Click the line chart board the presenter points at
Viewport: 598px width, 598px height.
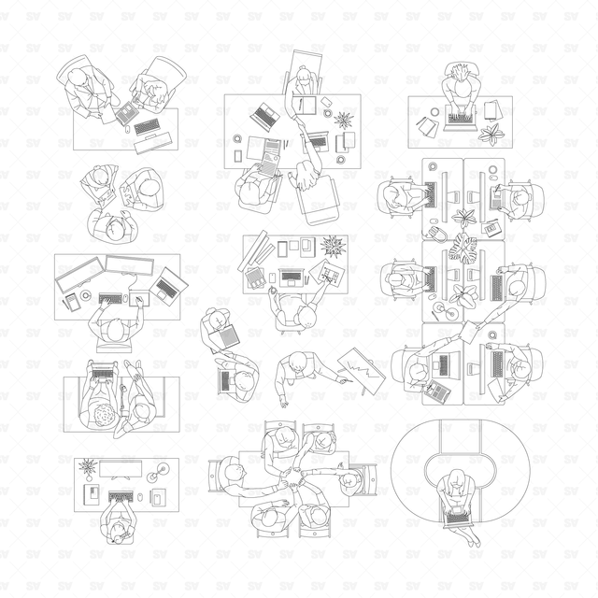point(362,371)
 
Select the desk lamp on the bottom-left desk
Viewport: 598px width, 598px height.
point(158,472)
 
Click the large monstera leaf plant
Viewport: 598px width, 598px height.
point(463,249)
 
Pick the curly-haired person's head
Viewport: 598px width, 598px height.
point(104,415)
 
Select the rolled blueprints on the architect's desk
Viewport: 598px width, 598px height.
point(256,250)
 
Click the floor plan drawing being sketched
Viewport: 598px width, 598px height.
point(327,274)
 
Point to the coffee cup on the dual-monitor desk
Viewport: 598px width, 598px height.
point(86,295)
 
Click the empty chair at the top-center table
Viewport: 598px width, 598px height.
point(319,200)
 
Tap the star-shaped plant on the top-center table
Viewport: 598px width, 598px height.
point(344,121)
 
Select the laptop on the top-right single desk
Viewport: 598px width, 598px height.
point(461,119)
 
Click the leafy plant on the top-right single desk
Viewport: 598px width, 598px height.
point(491,134)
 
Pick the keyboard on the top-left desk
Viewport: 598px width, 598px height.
point(147,127)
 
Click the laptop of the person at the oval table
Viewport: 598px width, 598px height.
point(457,517)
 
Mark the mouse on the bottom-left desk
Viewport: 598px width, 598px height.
point(140,497)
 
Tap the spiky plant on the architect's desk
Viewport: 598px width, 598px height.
point(334,247)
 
